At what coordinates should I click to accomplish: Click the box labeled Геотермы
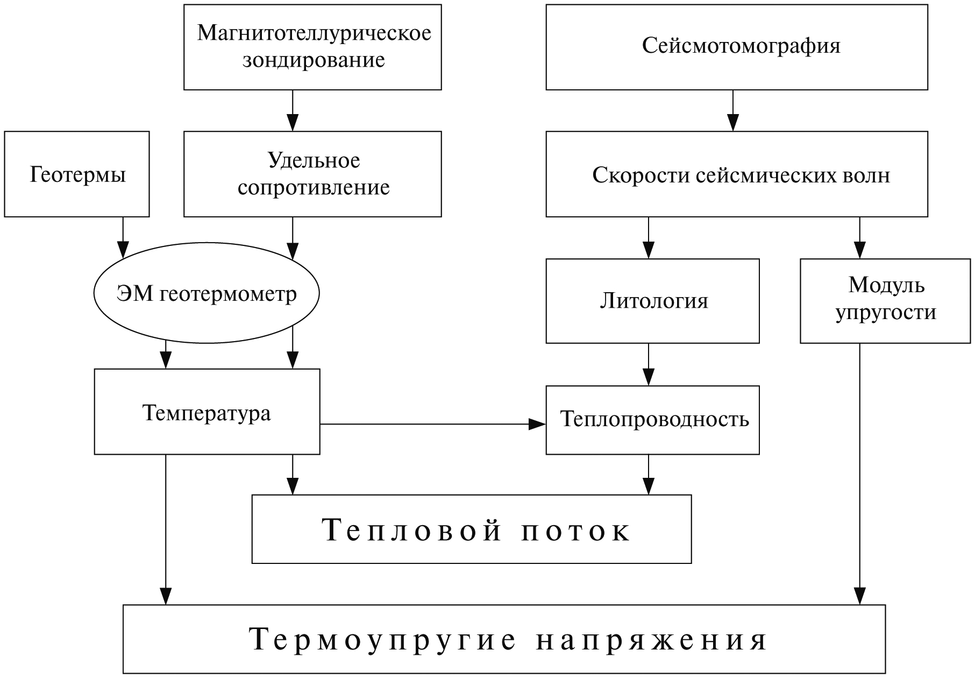tap(77, 174)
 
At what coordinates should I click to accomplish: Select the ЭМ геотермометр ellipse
tap(207, 294)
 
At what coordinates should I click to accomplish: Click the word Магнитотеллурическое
tap(314, 33)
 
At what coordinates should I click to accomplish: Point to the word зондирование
tap(314, 60)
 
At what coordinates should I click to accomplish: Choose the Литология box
tap(653, 301)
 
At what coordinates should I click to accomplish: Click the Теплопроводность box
tap(653, 420)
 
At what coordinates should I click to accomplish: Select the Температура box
tap(207, 412)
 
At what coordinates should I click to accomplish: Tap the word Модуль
tap(886, 285)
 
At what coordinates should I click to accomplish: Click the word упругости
tap(886, 313)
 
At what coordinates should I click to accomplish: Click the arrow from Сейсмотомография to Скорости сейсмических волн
tap(733, 110)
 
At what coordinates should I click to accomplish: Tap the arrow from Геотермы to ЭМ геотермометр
tap(123, 237)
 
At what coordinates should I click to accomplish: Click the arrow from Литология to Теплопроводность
tap(649, 364)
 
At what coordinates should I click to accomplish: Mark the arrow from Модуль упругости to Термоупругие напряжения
tap(859, 474)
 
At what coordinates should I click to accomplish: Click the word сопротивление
tap(314, 188)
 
